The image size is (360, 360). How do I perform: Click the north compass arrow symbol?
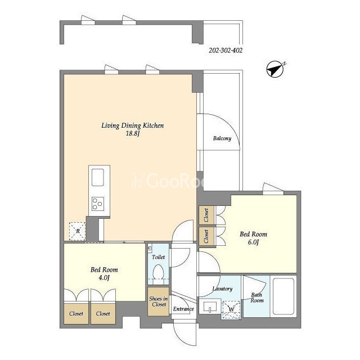pos(275,69)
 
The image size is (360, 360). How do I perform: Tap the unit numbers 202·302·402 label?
pos(226,50)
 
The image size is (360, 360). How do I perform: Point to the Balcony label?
pos(222,138)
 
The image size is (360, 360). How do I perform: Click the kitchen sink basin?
pos(98,177)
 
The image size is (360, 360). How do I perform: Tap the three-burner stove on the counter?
pos(98,204)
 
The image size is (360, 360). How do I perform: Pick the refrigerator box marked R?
pos(78,231)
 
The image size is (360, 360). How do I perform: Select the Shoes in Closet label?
pos(159,301)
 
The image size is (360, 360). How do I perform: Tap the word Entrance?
pos(183,309)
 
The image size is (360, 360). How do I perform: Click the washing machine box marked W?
pos(231,310)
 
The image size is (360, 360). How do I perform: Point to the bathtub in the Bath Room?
pos(283,296)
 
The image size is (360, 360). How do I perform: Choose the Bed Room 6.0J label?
pos(254,238)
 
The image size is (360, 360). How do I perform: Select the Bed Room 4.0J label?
pos(104,273)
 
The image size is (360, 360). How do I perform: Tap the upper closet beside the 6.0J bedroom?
pos(206,215)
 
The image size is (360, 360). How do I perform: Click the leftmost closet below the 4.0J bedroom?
pos(76,314)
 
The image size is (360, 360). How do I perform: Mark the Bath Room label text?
pos(257,298)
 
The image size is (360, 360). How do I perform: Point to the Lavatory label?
pos(222,289)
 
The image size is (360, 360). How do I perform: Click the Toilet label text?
pos(158,257)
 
